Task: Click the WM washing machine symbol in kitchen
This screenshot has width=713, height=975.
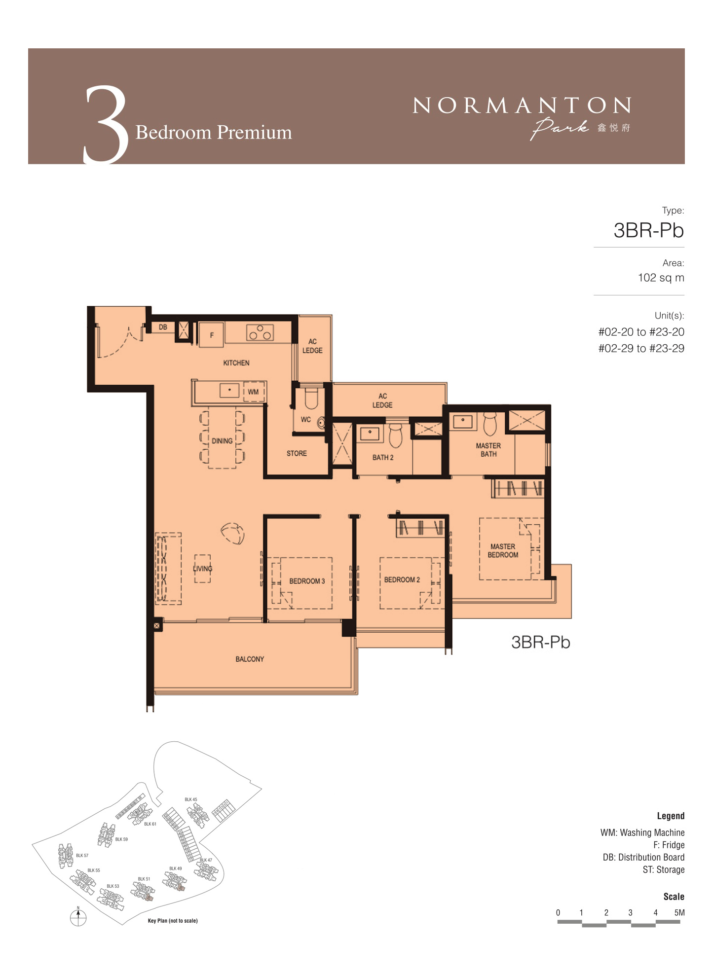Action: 254,392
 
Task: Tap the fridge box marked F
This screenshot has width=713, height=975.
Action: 212,335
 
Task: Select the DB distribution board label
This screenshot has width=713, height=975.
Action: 163,327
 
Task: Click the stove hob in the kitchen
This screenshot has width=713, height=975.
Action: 260,332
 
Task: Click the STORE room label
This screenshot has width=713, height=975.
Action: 297,453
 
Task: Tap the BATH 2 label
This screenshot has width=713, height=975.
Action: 383,458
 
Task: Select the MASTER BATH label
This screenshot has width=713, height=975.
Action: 488,450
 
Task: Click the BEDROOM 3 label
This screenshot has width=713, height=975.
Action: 307,581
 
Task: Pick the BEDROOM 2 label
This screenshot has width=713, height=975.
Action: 402,579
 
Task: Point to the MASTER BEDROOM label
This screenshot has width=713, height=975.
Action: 503,551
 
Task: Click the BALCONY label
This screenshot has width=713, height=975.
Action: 250,659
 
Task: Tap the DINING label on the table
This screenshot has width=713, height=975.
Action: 222,441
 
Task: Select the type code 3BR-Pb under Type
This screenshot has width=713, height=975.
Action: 648,230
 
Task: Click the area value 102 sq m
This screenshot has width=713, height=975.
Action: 661,278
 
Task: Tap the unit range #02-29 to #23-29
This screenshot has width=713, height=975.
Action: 641,348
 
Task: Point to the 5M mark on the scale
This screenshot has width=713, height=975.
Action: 679,912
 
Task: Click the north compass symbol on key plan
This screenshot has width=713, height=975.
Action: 78,917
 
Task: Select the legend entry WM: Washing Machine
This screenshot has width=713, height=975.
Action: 642,832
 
